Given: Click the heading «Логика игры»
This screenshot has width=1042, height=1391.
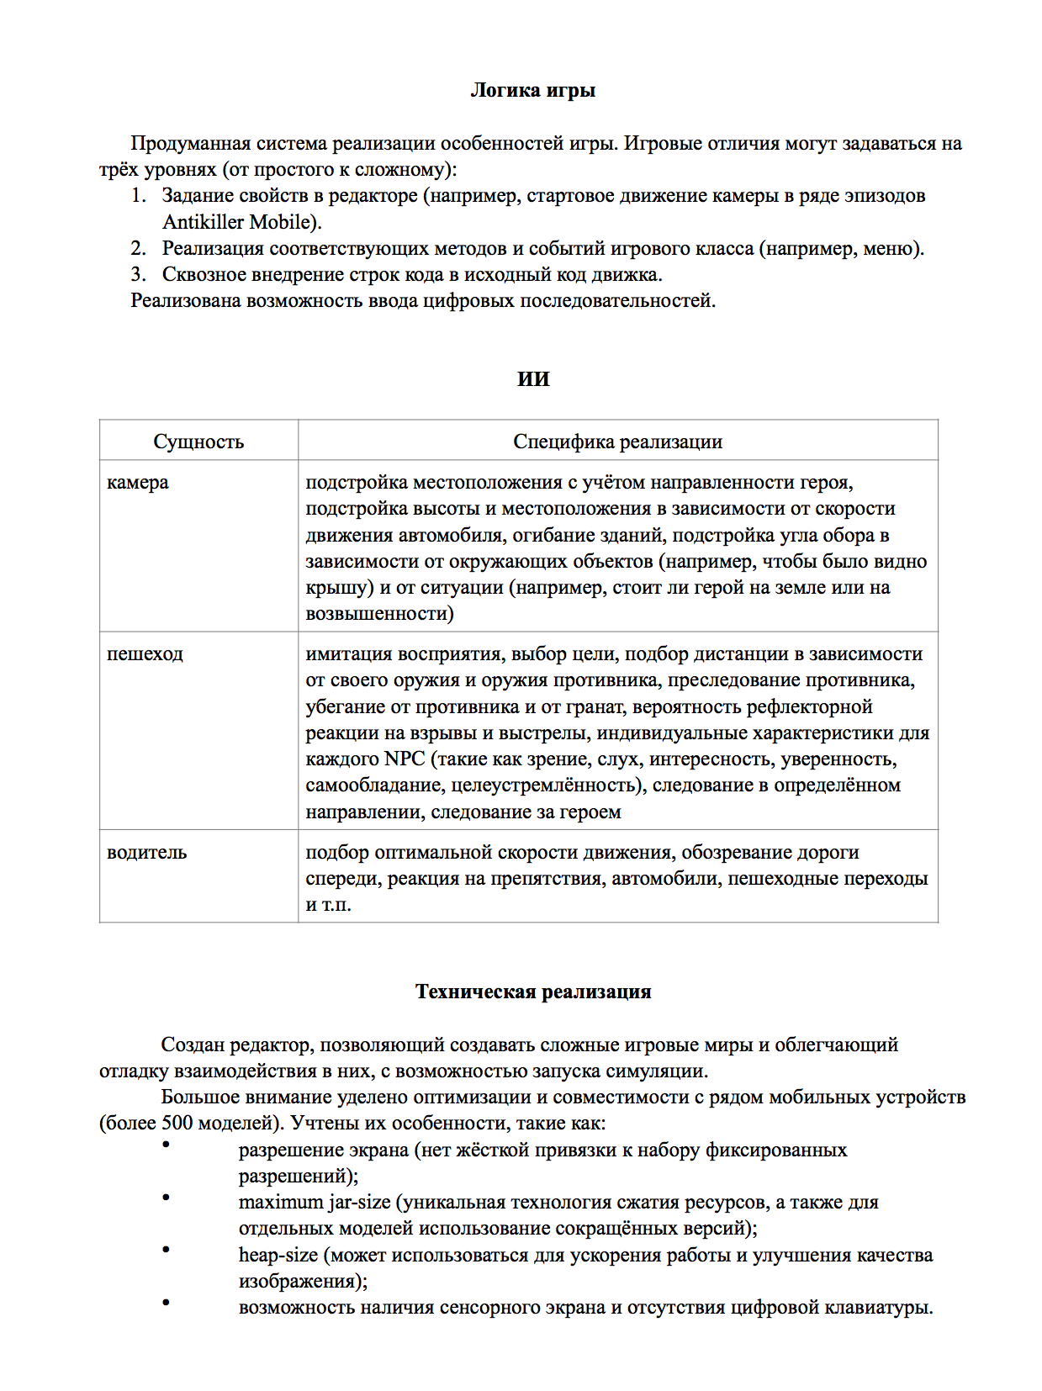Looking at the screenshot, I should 532,90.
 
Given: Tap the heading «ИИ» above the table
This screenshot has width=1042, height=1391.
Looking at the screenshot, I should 533,379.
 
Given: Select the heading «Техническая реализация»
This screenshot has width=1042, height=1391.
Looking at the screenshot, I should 533,992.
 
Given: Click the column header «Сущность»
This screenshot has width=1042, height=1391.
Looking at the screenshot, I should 198,442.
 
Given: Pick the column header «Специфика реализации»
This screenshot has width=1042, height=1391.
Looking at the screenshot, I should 617,442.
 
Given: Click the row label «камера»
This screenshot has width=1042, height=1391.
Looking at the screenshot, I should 138,483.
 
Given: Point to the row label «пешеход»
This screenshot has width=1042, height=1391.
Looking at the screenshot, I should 145,654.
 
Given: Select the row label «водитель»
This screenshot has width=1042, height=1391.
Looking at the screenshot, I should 147,853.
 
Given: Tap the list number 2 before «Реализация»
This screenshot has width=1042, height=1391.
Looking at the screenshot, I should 138,249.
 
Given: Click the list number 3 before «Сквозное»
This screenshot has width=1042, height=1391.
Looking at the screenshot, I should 138,275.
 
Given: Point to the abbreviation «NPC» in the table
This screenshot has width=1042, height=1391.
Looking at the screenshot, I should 405,759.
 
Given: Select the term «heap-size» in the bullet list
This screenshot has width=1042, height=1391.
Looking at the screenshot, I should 278,1256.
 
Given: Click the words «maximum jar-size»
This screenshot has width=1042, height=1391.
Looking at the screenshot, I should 315,1203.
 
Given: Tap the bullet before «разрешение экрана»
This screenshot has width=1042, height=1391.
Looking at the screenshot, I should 166,1145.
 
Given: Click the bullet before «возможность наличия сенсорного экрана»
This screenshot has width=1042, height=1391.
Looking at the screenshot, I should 166,1303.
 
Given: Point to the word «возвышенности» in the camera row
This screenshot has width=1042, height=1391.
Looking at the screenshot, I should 379,614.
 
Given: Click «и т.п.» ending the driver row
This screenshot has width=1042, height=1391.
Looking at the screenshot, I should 328,906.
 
